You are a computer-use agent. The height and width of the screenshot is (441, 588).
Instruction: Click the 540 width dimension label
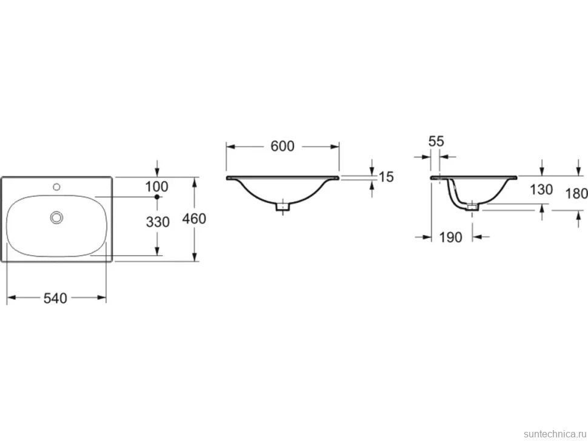(x=55, y=298)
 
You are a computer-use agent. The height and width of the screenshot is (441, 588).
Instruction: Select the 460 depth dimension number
(x=194, y=219)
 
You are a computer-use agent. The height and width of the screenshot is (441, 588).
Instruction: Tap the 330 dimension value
(x=158, y=222)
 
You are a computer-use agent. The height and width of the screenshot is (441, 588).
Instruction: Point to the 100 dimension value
(x=157, y=186)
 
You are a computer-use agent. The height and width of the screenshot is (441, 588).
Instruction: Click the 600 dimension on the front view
(x=282, y=146)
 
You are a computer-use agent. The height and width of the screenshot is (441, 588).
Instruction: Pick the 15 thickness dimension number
(x=386, y=177)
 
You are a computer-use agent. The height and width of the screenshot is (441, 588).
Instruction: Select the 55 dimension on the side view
(x=436, y=141)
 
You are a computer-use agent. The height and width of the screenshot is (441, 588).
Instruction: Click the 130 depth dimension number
(x=541, y=190)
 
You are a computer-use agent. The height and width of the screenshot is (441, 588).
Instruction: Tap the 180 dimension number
(x=576, y=194)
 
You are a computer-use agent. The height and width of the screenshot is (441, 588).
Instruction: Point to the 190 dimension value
(x=450, y=237)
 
